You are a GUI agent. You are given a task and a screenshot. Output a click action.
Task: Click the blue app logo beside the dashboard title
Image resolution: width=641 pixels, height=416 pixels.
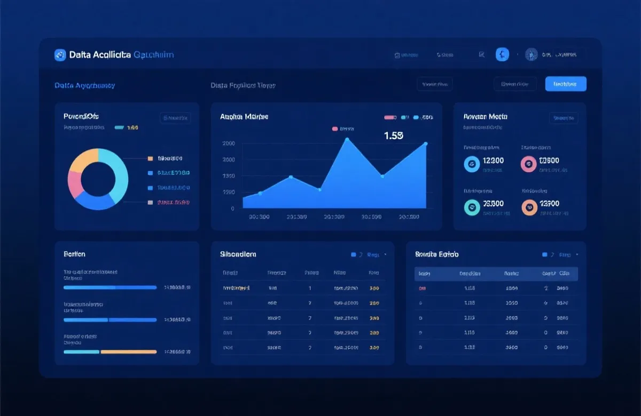click(60, 55)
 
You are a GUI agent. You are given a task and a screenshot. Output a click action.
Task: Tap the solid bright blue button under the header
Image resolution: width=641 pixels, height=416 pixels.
click(566, 84)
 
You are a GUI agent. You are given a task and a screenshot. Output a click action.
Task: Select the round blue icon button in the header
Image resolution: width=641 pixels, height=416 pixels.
click(502, 54)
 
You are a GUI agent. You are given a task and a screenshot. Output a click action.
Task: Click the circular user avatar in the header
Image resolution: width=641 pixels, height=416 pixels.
click(531, 54)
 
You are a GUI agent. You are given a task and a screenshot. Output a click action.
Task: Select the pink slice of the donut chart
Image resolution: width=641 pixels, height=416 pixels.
click(75, 184)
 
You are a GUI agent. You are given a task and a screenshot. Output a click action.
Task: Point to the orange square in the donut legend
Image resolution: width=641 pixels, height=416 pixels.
click(150, 158)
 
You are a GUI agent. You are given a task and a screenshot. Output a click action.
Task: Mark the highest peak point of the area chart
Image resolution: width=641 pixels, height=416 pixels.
click(347, 139)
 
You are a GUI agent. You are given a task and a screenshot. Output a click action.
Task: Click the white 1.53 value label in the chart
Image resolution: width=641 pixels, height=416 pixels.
click(393, 135)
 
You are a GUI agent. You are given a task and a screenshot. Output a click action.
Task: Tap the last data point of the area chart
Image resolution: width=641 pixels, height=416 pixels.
click(426, 143)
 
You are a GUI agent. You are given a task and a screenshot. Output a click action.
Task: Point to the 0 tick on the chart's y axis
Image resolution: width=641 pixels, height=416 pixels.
click(232, 209)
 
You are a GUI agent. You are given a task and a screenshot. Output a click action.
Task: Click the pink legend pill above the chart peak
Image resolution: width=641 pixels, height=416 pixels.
click(335, 129)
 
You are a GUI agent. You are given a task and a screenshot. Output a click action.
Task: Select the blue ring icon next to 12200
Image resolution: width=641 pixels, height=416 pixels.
click(472, 164)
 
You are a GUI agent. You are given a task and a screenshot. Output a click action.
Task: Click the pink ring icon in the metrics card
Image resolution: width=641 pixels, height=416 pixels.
click(529, 164)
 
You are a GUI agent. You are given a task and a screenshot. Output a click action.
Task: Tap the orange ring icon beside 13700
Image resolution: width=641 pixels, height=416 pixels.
click(529, 207)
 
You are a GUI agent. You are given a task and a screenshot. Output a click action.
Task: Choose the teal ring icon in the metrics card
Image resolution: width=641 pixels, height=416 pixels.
click(472, 207)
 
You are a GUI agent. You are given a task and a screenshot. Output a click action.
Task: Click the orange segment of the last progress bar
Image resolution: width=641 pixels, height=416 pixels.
click(129, 352)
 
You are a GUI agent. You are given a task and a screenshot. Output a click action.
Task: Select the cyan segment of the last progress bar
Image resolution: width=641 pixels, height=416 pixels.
click(81, 352)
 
